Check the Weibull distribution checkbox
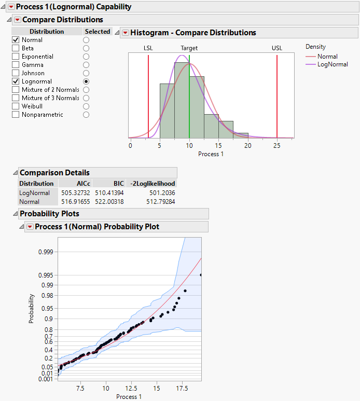point(16,106)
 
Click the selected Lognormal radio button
point(86,81)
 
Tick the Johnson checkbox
point(16,73)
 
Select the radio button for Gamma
point(86,65)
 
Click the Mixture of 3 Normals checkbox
point(16,98)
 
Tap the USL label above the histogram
point(277,48)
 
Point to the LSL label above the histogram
point(148,48)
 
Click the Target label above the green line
point(189,48)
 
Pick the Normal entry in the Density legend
point(327,57)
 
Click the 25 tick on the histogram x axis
point(277,146)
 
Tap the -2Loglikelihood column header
point(154,183)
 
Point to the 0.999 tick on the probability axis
point(46,252)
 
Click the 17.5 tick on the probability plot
point(182,388)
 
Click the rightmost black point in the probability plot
point(201,275)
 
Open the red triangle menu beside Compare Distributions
point(17,20)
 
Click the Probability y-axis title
point(32,309)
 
